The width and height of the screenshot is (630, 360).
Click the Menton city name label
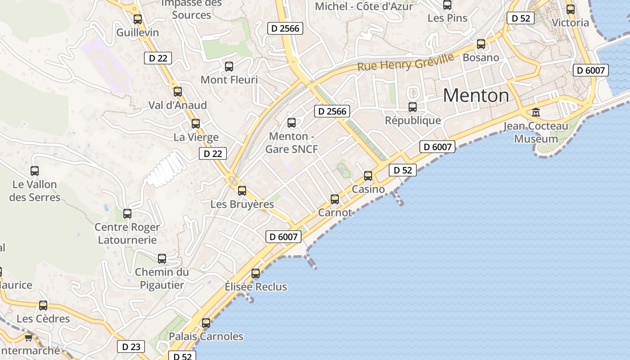click(x=476, y=95)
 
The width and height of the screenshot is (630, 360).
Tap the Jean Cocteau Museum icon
click(x=535, y=112)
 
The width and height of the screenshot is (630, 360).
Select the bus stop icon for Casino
click(x=368, y=176)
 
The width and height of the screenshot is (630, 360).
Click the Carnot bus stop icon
click(x=335, y=199)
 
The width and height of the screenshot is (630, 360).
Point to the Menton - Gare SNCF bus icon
click(x=292, y=122)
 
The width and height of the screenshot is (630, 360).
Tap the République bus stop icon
click(x=413, y=107)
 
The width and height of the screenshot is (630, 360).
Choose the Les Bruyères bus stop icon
click(x=242, y=191)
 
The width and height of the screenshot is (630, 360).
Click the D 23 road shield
click(x=131, y=346)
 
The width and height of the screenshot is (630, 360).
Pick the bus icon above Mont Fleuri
click(x=229, y=67)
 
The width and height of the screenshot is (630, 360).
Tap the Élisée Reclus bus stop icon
click(x=256, y=273)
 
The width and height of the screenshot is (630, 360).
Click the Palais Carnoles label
click(x=206, y=337)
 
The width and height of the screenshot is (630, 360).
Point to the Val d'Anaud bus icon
click(x=178, y=92)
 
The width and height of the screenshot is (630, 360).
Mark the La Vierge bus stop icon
click(x=196, y=124)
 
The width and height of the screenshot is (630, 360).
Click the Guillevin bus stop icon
click(x=138, y=19)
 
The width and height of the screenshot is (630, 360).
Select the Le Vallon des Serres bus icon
click(x=35, y=171)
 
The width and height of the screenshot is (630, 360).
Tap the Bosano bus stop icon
click(x=481, y=44)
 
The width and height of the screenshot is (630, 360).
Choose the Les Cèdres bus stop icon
click(x=43, y=306)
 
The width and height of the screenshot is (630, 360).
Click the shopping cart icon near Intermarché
click(x=28, y=337)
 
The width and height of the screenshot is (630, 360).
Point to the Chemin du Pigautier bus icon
click(x=162, y=259)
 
